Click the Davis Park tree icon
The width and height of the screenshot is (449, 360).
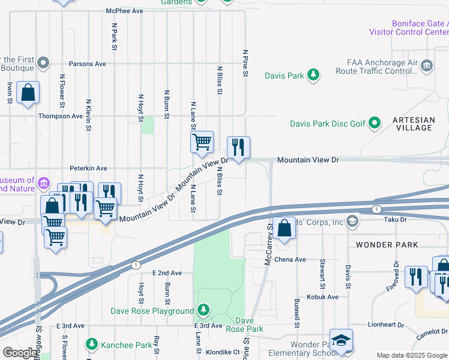pos(313,75)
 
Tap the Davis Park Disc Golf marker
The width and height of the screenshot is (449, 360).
pos(375,124)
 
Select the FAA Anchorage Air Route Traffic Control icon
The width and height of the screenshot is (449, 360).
pos(427,65)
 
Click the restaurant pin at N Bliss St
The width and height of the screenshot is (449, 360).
pos(238,146)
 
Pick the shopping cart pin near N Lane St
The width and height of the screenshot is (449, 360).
pos(202,142)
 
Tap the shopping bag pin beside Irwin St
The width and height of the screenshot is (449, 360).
pos(28,92)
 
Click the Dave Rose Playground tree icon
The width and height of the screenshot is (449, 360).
pos(203,310)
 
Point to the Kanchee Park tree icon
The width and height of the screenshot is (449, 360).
pos(91,344)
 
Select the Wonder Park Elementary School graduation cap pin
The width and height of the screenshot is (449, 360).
pos(341,341)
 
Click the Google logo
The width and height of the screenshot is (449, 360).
pos(20,353)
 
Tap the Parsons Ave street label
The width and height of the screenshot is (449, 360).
pos(87,64)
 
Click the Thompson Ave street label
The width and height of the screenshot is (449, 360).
pos(61,116)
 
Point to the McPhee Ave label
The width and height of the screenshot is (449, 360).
pos(125,11)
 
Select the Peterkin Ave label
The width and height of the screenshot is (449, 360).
pos(88,168)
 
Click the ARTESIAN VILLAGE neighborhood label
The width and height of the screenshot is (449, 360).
pos(413,124)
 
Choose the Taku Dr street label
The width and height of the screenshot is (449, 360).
pos(396,220)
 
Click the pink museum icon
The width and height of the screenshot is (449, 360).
pos(43,182)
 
